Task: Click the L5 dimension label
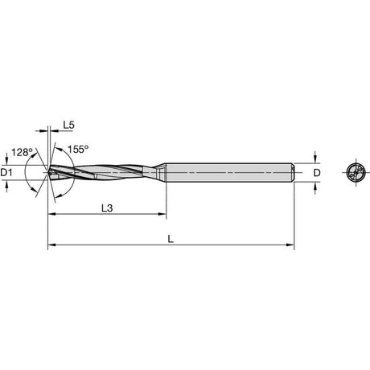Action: click(68, 125)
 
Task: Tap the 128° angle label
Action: click(22, 152)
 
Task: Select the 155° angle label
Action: click(78, 149)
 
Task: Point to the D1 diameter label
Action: click(6, 172)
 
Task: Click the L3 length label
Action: click(107, 208)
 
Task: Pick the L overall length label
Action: click(171, 239)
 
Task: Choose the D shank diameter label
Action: click(317, 173)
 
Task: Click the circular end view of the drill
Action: click(356, 172)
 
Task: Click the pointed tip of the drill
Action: click(48, 172)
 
